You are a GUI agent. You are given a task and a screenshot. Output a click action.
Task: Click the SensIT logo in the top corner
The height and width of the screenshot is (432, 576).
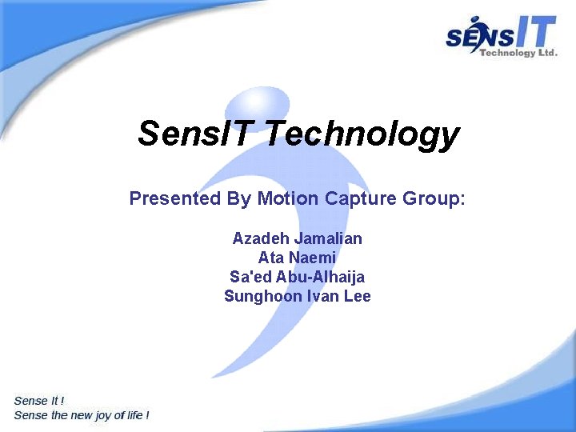[501, 37]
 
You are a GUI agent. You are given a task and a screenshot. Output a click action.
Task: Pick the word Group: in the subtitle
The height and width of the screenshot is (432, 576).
[434, 198]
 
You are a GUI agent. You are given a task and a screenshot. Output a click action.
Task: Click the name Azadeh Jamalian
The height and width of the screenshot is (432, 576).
[297, 238]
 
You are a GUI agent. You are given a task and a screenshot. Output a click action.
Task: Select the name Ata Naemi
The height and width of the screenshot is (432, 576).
[297, 258]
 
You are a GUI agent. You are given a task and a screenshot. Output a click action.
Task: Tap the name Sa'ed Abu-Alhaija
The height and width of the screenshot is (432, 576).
[297, 277]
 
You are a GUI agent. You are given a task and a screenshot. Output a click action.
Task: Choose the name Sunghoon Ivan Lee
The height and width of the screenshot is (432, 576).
[297, 296]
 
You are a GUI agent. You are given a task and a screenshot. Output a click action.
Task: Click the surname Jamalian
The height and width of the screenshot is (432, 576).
[328, 238]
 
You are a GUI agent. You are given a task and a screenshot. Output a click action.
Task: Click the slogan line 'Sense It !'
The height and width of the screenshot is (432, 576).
[39, 401]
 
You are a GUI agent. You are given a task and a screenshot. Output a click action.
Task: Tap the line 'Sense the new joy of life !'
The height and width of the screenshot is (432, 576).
[82, 415]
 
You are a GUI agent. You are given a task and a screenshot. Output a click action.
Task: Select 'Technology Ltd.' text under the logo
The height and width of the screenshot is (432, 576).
[518, 53]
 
